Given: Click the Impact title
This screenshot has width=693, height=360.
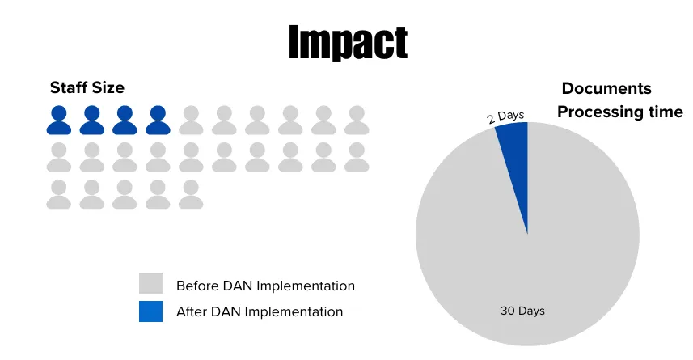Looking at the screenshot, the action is (x=349, y=42).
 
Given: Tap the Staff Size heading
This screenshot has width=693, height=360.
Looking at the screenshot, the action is (x=87, y=87).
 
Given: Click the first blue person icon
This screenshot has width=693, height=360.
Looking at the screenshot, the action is (x=59, y=120).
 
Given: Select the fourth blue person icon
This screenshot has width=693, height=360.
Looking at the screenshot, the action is (x=158, y=120).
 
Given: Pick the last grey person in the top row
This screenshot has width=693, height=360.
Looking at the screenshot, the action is (x=357, y=120).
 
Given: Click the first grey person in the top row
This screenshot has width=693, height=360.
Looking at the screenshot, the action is (x=191, y=120).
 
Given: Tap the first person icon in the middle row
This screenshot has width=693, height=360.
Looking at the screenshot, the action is (x=59, y=157).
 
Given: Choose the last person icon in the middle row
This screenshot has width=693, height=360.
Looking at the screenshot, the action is (x=357, y=157).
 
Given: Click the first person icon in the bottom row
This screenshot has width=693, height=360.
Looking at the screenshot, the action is (x=59, y=194).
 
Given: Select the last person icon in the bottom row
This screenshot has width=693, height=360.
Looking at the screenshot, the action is (x=191, y=194).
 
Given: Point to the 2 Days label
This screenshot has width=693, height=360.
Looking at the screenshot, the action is (x=505, y=117).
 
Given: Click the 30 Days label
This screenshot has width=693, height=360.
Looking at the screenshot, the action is (x=522, y=311).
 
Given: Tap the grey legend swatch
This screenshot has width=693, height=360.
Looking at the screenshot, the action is (x=150, y=283).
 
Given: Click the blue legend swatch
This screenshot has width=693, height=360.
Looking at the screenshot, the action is (x=150, y=311).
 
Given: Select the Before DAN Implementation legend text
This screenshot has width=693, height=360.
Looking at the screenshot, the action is (x=265, y=286).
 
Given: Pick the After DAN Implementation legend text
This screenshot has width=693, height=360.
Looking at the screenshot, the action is (x=260, y=311).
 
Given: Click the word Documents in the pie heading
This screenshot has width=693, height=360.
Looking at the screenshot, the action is (x=606, y=88).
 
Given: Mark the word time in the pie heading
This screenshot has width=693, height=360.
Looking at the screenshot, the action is (x=666, y=112).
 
